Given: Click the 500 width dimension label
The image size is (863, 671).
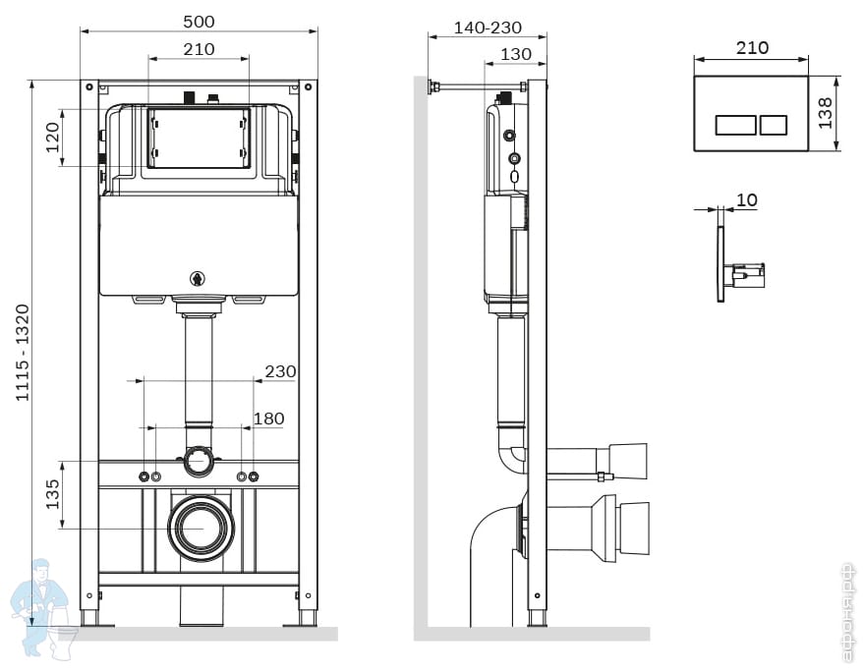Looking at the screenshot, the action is click(199, 22).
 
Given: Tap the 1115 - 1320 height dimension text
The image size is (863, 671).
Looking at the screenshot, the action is click(22, 353).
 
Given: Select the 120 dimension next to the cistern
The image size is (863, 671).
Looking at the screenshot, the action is click(52, 138).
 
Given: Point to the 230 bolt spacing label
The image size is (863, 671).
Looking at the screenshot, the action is click(280, 371).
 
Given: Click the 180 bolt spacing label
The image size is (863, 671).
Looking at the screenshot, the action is click(268, 419).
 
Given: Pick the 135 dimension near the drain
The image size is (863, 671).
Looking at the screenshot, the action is click(52, 494).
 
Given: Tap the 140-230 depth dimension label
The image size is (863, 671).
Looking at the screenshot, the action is click(488, 28).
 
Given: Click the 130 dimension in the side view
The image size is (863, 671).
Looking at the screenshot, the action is click(516, 54).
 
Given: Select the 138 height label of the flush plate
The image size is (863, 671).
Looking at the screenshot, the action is click(825, 113).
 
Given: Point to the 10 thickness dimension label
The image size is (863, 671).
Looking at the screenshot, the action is click(746, 199).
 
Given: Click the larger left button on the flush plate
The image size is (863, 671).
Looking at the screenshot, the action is click(736, 125).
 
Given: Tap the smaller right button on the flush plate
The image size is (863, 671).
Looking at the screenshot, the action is click(774, 125).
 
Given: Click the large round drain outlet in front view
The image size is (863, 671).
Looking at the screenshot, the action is click(201, 528).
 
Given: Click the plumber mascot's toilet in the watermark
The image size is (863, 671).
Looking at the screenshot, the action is click(62, 642).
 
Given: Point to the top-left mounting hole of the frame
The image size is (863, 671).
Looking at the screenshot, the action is click(89, 86).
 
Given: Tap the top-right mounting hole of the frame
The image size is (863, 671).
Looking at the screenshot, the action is click(309, 86).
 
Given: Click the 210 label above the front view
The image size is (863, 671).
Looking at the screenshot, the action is click(199, 49).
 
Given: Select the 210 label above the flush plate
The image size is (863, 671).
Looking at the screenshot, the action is click(752, 48).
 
